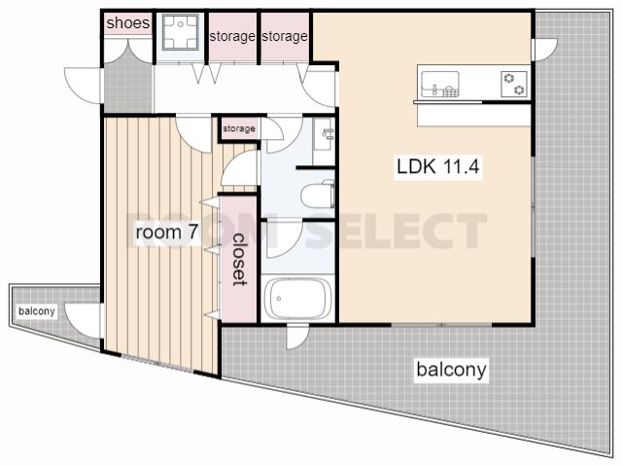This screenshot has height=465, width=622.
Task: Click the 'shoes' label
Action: [127, 23]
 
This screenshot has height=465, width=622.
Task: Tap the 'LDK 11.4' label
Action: [438, 166]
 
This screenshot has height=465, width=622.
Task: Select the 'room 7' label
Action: [166, 232]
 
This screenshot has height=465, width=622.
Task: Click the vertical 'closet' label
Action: [239, 260]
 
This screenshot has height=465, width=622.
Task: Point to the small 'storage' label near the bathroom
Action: [239, 128]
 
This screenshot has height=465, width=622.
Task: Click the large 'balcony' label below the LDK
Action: [451, 370]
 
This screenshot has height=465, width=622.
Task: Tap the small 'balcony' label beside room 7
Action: [37, 311]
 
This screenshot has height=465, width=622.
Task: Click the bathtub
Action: [297, 299]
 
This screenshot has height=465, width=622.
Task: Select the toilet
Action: [318, 195]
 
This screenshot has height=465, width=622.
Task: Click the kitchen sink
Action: [440, 84]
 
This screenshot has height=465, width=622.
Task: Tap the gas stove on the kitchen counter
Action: [514, 84]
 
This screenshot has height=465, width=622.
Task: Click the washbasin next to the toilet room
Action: [323, 134]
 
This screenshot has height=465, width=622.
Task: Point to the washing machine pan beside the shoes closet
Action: [181, 32]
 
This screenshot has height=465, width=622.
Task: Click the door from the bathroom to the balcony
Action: [297, 338]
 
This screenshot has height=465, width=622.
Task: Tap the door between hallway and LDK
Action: [320, 89]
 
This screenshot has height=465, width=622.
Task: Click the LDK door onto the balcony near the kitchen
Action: [544, 50]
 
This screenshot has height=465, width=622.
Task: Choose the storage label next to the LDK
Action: [285, 37]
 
